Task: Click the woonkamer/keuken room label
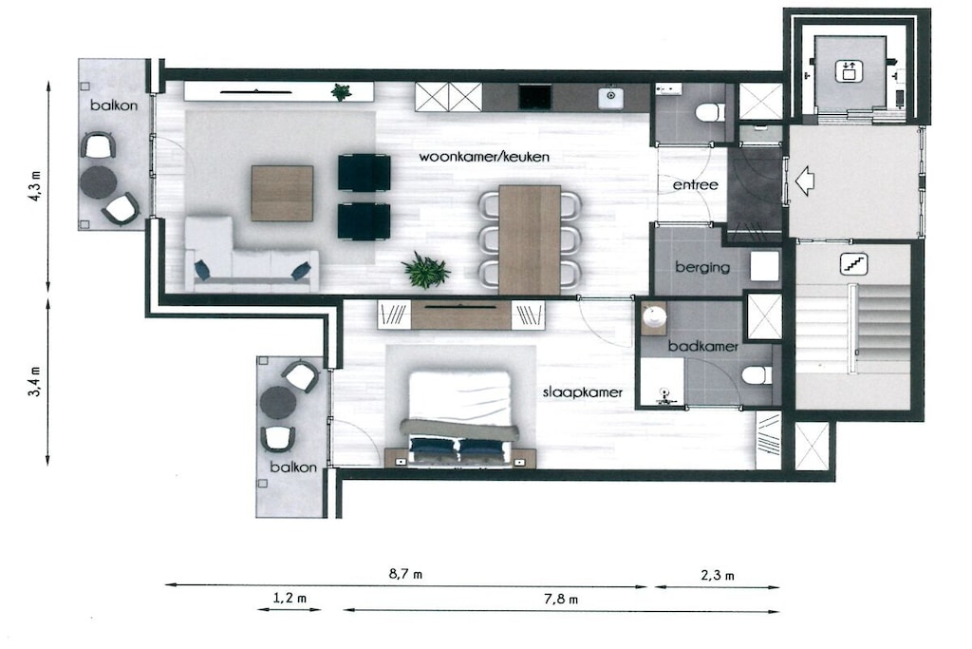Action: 484,157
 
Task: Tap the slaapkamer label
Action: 583,392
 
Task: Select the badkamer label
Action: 703,346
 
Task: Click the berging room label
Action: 702,267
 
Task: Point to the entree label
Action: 696,185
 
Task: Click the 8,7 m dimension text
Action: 406,574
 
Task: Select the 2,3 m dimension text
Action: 718,575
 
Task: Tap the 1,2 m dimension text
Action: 290,598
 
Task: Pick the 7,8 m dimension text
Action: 561,600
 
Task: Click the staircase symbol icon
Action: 853,264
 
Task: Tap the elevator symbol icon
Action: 848,70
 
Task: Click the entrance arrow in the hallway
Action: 803,181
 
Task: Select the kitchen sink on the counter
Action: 610,96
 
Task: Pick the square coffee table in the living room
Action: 282,193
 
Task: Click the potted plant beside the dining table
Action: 426,271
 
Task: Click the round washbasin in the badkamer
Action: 654,315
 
